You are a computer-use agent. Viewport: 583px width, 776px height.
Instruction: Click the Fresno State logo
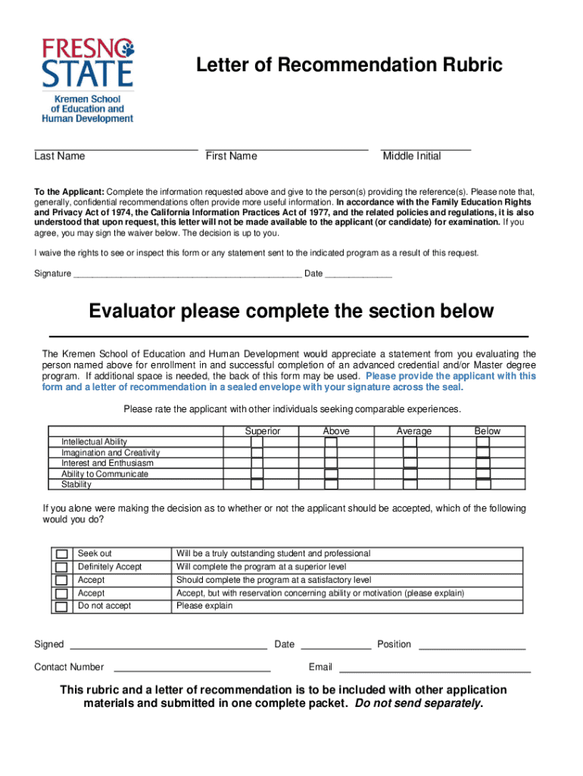coord(86,80)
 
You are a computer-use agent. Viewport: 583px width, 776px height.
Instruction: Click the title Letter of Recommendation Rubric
coord(349,66)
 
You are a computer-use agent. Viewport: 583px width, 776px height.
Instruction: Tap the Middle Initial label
coord(411,156)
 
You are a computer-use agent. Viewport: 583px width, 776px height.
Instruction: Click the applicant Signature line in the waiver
coord(186,274)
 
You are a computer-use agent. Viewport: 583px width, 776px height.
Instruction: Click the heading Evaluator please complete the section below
coord(291,311)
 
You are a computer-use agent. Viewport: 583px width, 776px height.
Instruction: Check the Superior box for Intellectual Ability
coord(257,442)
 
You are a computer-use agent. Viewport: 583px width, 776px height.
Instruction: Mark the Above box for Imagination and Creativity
coord(331,453)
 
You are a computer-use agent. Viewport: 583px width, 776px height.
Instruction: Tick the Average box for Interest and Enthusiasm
coord(410,463)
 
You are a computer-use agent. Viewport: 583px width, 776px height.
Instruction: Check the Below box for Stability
coord(483,484)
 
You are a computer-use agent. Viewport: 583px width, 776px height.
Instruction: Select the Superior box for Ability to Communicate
coord(257,474)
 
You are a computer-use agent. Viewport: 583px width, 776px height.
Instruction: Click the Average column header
coord(414,431)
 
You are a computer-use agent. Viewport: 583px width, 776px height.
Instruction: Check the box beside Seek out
coord(61,555)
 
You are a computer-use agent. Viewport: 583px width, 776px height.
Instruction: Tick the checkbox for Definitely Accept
coord(61,568)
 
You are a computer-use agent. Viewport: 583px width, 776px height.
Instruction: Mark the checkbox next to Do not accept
coord(61,607)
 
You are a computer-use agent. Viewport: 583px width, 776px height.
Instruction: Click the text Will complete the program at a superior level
coord(261,567)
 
